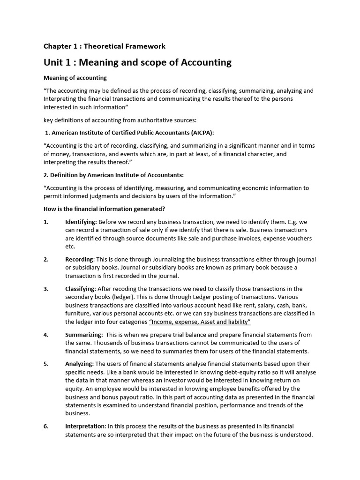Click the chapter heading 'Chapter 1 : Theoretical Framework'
point(105,46)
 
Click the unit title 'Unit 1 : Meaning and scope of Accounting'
point(137,62)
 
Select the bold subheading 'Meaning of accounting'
point(75,78)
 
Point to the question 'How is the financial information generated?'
point(104,209)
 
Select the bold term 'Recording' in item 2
point(80,259)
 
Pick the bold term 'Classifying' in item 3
point(80,289)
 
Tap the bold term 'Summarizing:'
point(84,335)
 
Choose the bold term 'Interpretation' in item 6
point(85,426)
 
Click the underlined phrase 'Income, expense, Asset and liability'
point(200,322)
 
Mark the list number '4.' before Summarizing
point(46,335)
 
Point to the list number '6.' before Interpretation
point(46,426)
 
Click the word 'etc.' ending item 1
point(70,247)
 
